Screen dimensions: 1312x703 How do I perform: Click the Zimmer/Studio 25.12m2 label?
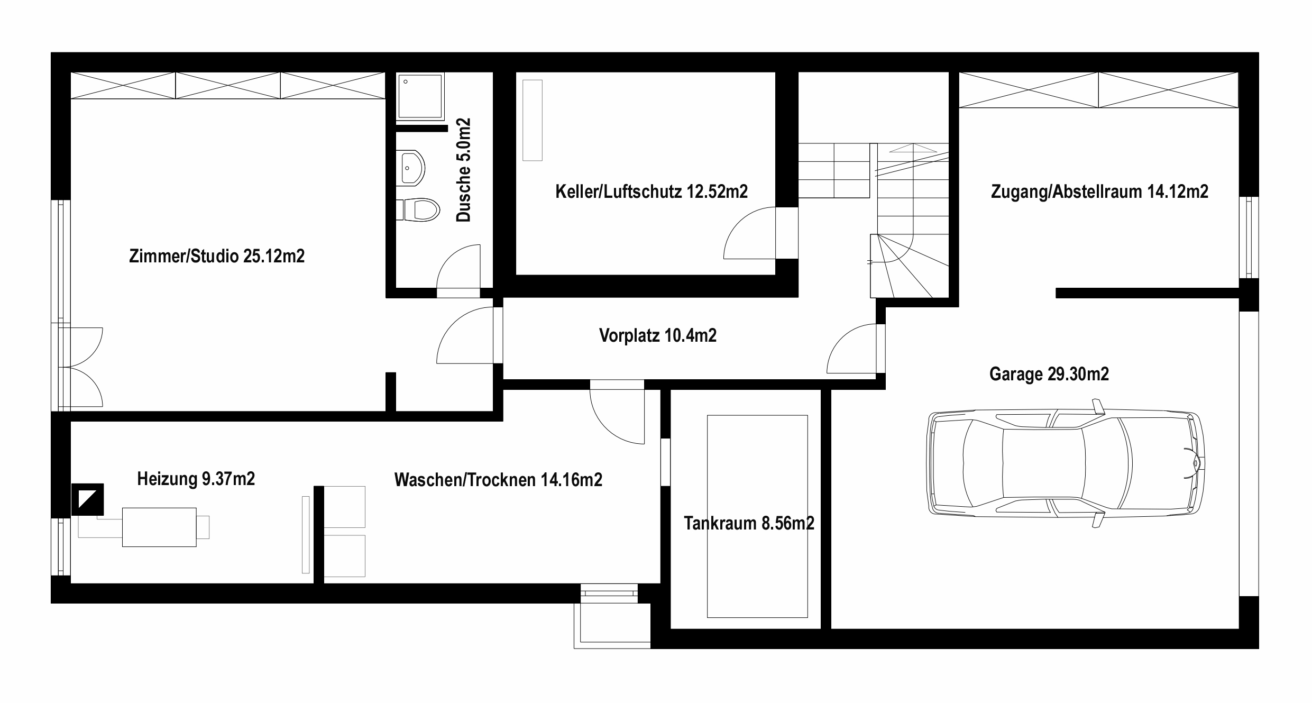[x=217, y=257]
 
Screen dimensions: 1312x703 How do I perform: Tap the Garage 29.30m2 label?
[x=1049, y=374]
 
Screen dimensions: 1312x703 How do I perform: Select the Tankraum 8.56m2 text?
[x=749, y=523]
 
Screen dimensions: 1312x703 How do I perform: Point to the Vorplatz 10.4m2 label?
[x=658, y=335]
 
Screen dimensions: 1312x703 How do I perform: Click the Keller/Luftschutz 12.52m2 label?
[x=652, y=191]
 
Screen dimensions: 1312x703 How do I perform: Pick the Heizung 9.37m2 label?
[x=196, y=479]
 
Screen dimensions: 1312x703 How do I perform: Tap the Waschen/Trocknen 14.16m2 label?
[x=498, y=480]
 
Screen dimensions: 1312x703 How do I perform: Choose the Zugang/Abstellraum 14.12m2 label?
[x=1100, y=191]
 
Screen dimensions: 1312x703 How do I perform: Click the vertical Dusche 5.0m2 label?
[x=463, y=170]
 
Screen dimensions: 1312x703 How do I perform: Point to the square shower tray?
[x=420, y=96]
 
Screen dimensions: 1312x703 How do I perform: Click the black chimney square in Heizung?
[x=87, y=500]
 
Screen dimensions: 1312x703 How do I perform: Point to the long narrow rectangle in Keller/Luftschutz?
[x=533, y=120]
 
